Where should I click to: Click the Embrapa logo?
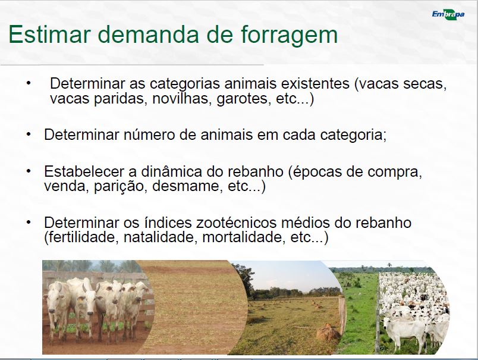point(448,14)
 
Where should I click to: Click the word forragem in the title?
point(289,35)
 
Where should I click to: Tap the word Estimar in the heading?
point(49,34)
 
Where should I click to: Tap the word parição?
point(118,186)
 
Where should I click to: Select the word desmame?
point(186,186)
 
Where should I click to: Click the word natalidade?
point(159,237)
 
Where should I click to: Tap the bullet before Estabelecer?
point(29,171)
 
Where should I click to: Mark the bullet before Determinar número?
point(29,134)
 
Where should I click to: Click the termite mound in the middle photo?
point(328,332)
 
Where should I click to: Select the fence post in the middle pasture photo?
point(342,314)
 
